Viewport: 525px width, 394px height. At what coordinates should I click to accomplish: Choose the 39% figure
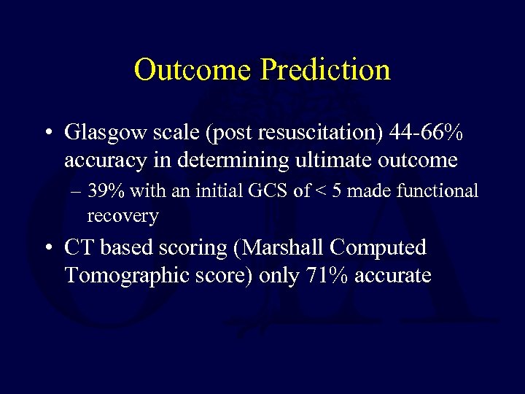pyautogui.click(x=105, y=191)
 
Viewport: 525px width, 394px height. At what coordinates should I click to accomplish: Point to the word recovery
pyautogui.click(x=122, y=216)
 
